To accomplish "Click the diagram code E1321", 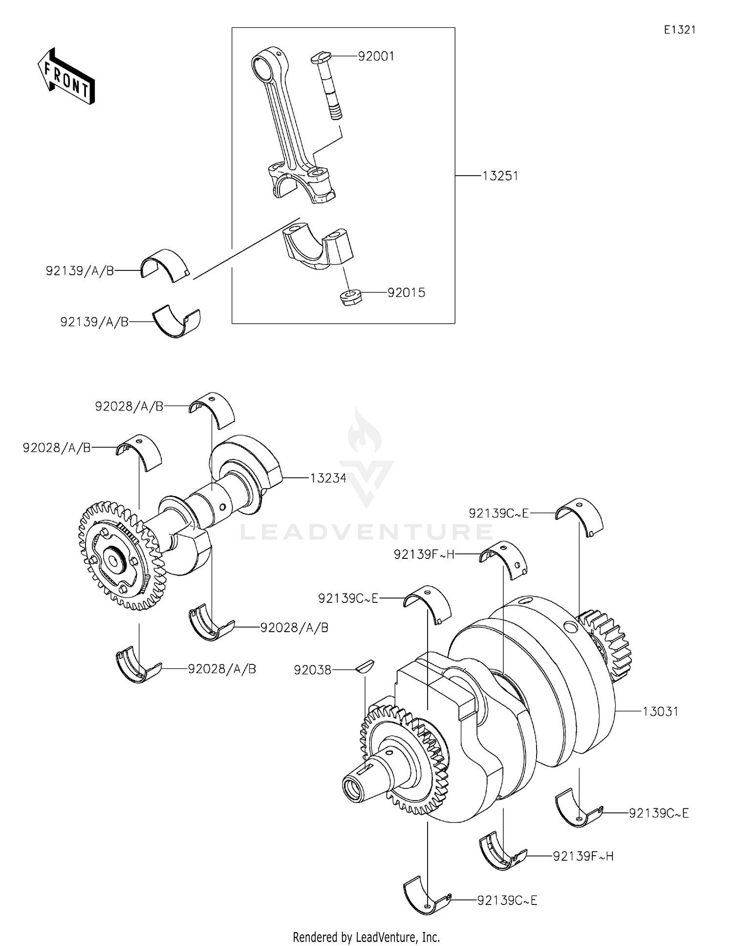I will [679, 30].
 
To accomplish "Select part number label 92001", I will [376, 57].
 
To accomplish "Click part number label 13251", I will [500, 176].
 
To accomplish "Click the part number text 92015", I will [406, 293].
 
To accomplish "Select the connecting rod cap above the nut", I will [318, 247].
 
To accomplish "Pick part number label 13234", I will [328, 478].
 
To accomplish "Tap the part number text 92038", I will [312, 671].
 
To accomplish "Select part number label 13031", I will [660, 712].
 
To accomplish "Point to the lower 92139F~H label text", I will [583, 856].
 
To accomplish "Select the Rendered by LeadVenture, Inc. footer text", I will [366, 937].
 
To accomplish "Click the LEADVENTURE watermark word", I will [366, 532].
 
